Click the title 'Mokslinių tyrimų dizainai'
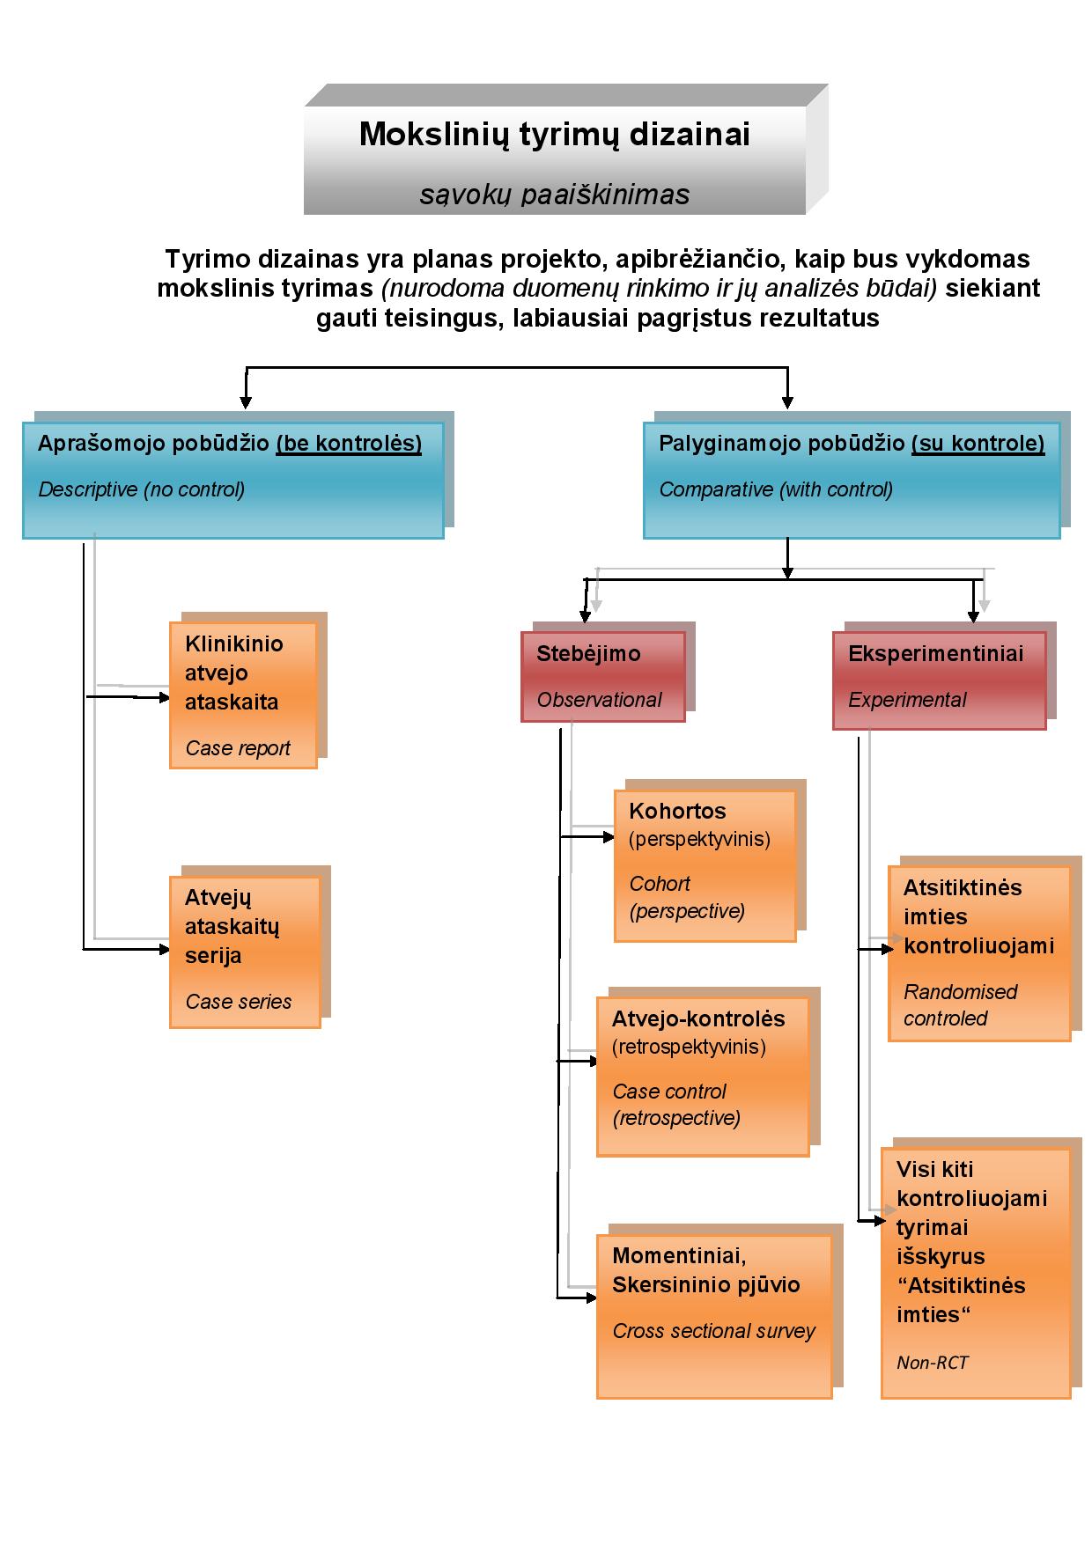(554, 135)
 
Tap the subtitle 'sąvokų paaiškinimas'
(554, 195)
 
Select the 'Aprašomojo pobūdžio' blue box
(232, 480)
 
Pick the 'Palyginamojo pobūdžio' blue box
(851, 480)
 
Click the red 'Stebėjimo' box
(602, 676)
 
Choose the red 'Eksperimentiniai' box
(939, 680)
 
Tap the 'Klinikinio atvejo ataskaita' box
(242, 695)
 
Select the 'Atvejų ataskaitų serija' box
(244, 952)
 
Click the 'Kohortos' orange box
(705, 865)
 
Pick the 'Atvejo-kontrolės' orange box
(702, 1076)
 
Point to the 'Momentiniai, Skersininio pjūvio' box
(713, 1316)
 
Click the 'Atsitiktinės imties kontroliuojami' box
(978, 953)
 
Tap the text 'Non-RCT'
(932, 1363)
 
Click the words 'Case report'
(238, 748)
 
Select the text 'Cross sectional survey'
(713, 1331)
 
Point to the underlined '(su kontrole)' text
(978, 443)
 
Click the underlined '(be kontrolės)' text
(349, 443)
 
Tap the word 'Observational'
(599, 700)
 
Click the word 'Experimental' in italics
(907, 700)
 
